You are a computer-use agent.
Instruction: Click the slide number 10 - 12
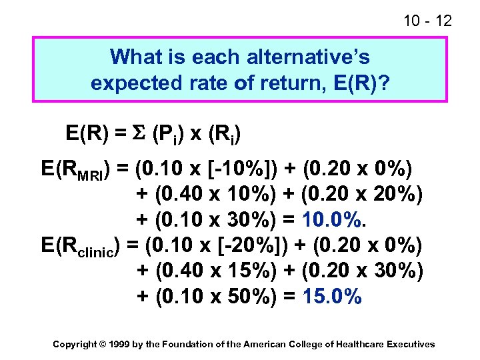coord(427,21)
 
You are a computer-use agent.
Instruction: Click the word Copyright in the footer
coord(74,344)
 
